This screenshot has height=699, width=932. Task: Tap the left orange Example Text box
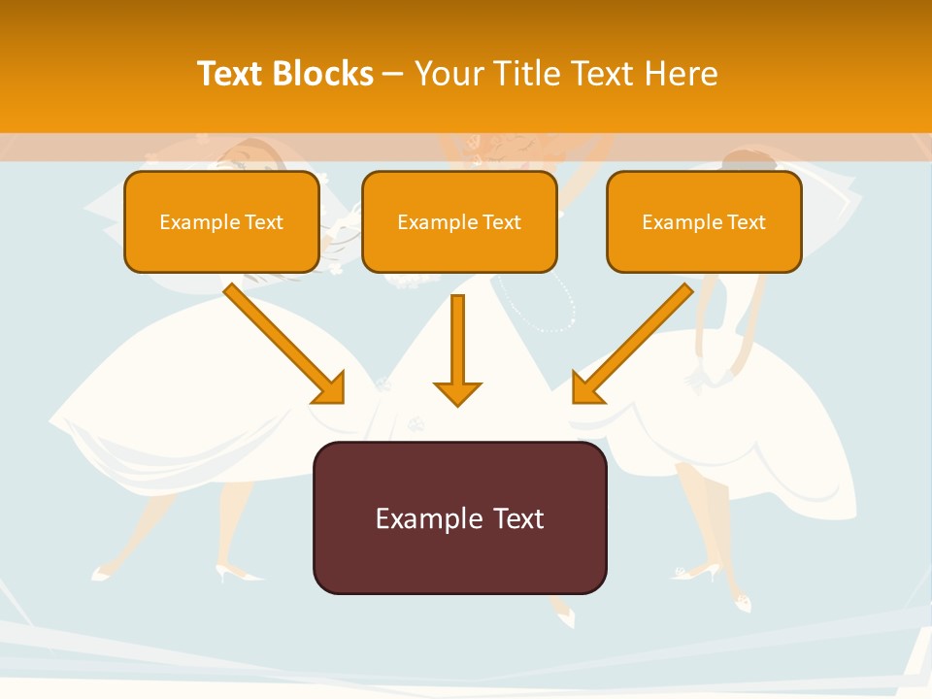(x=221, y=221)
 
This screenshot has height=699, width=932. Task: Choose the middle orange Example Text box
(x=459, y=221)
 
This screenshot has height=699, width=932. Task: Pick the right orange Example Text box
(x=704, y=221)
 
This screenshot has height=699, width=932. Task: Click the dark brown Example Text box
(x=459, y=517)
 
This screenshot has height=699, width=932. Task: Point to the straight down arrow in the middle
(x=457, y=349)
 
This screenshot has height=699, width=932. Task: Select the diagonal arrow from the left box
(x=282, y=340)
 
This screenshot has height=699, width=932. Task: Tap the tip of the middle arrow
(x=457, y=404)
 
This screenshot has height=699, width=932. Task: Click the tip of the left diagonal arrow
(x=342, y=401)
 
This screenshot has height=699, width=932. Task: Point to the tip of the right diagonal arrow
(x=575, y=401)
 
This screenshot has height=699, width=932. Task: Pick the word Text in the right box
(x=747, y=222)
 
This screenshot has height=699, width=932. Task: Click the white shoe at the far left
(x=100, y=575)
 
